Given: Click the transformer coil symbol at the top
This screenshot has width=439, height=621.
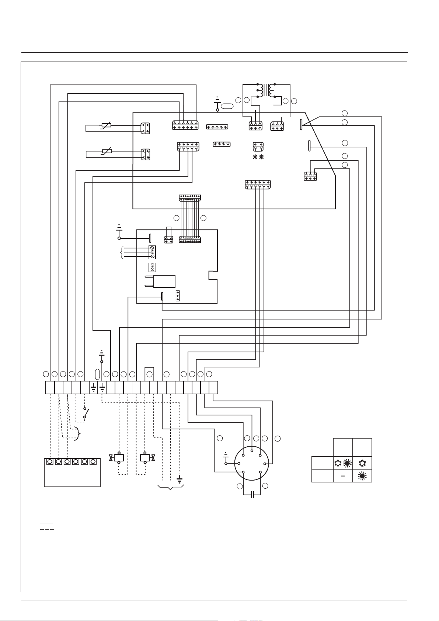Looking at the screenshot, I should pyautogui.click(x=266, y=90).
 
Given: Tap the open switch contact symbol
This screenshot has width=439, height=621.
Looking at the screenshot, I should pyautogui.click(x=85, y=413).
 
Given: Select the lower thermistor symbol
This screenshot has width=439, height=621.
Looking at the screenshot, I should pyautogui.click(x=106, y=151).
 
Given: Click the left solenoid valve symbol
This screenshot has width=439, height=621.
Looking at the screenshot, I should pyautogui.click(x=118, y=458).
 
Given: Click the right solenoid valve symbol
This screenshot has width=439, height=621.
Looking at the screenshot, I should pyautogui.click(x=145, y=458).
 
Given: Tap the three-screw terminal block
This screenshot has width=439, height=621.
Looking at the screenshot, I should pyautogui.click(x=152, y=252).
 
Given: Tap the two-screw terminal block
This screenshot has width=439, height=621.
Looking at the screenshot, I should pyautogui.click(x=152, y=267).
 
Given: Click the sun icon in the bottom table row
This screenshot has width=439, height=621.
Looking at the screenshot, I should pyautogui.click(x=362, y=476).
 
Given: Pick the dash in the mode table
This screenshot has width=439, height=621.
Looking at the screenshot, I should pyautogui.click(x=342, y=476).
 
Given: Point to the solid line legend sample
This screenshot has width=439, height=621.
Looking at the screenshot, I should pyautogui.click(x=47, y=523).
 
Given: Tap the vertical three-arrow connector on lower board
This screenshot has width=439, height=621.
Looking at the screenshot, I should pyautogui.click(x=178, y=296).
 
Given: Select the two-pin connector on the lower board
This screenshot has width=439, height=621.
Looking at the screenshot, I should pyautogui.click(x=168, y=240).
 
